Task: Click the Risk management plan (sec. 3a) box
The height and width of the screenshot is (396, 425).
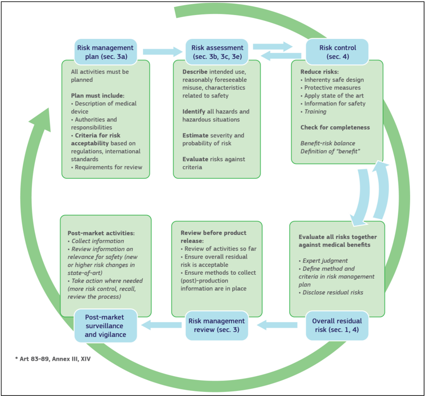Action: (x=105, y=52)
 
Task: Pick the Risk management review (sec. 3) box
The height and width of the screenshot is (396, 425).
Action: (x=217, y=325)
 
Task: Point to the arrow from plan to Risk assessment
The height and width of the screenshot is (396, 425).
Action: (x=162, y=52)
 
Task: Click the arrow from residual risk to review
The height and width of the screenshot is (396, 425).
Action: (x=278, y=325)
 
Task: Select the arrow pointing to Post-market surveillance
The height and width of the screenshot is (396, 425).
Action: (x=162, y=324)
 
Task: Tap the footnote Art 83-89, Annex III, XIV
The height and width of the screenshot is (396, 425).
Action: (x=53, y=359)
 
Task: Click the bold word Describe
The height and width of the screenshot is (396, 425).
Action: (x=195, y=72)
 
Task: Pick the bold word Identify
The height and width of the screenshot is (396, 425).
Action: (x=194, y=111)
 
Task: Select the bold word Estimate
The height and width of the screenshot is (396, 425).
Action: (x=195, y=135)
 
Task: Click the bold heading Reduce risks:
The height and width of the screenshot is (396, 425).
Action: (x=320, y=72)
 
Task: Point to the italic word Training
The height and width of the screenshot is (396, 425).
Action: (x=315, y=111)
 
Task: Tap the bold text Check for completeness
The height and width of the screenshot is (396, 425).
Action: (x=335, y=127)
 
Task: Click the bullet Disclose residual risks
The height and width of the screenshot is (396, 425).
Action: (x=333, y=292)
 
